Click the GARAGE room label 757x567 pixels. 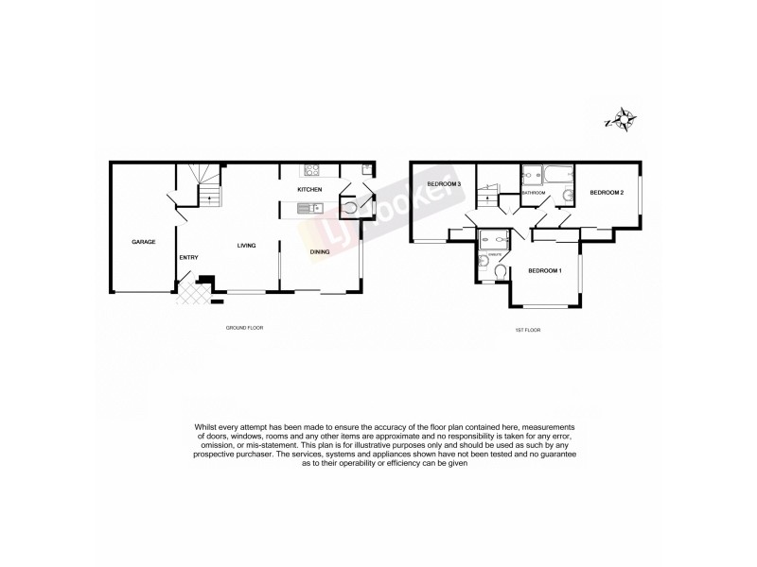tap(144, 243)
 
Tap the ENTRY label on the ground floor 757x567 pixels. tap(188, 257)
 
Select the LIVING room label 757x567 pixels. tap(246, 247)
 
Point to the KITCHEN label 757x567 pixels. tap(310, 190)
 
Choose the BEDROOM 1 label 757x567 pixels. tap(545, 271)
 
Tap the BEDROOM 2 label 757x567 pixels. tap(607, 193)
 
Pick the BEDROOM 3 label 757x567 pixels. tap(444, 183)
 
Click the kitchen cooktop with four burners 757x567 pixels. tap(312, 171)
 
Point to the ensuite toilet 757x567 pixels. tap(499, 273)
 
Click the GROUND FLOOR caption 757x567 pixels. tap(243, 328)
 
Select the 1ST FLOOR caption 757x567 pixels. tap(526, 329)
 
